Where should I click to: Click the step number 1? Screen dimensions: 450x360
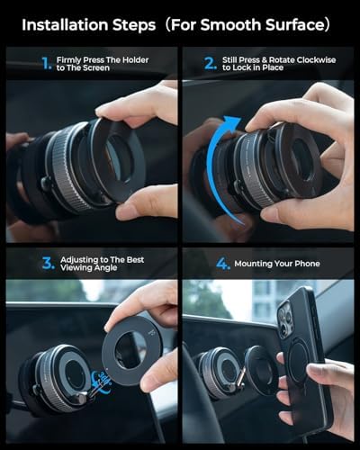coord(46,64)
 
